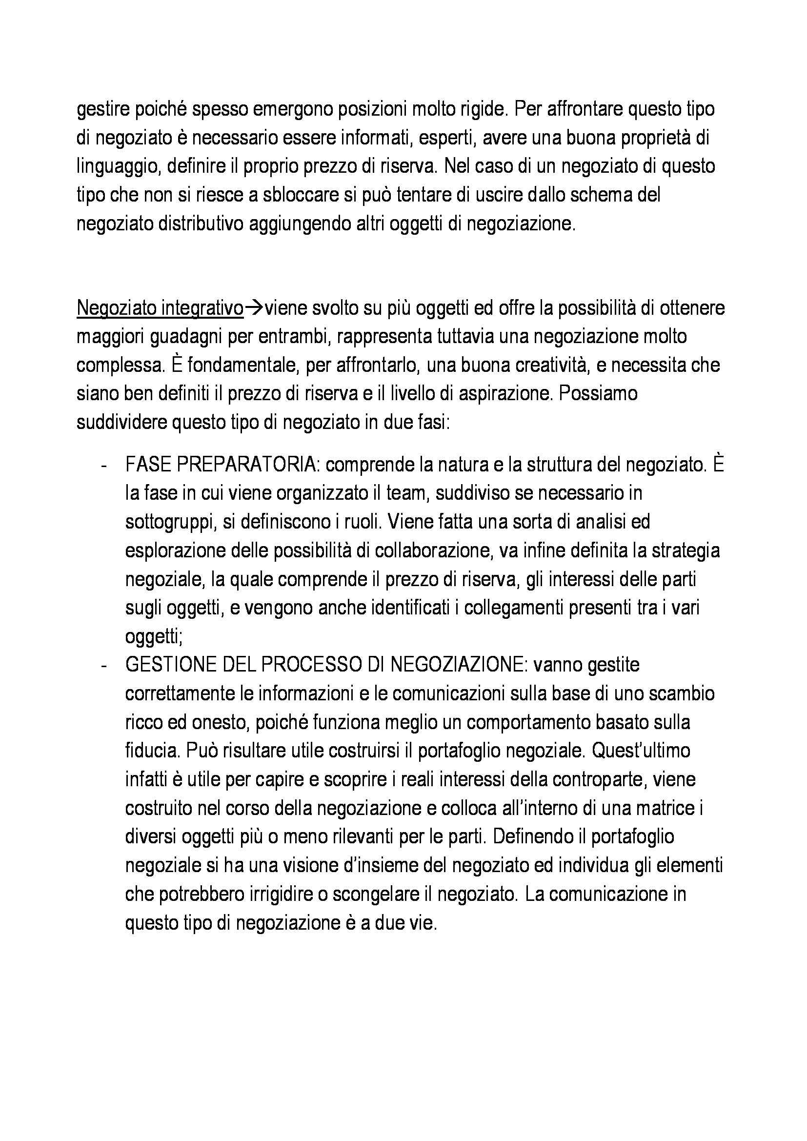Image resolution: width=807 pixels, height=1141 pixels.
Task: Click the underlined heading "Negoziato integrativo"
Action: (160, 308)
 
